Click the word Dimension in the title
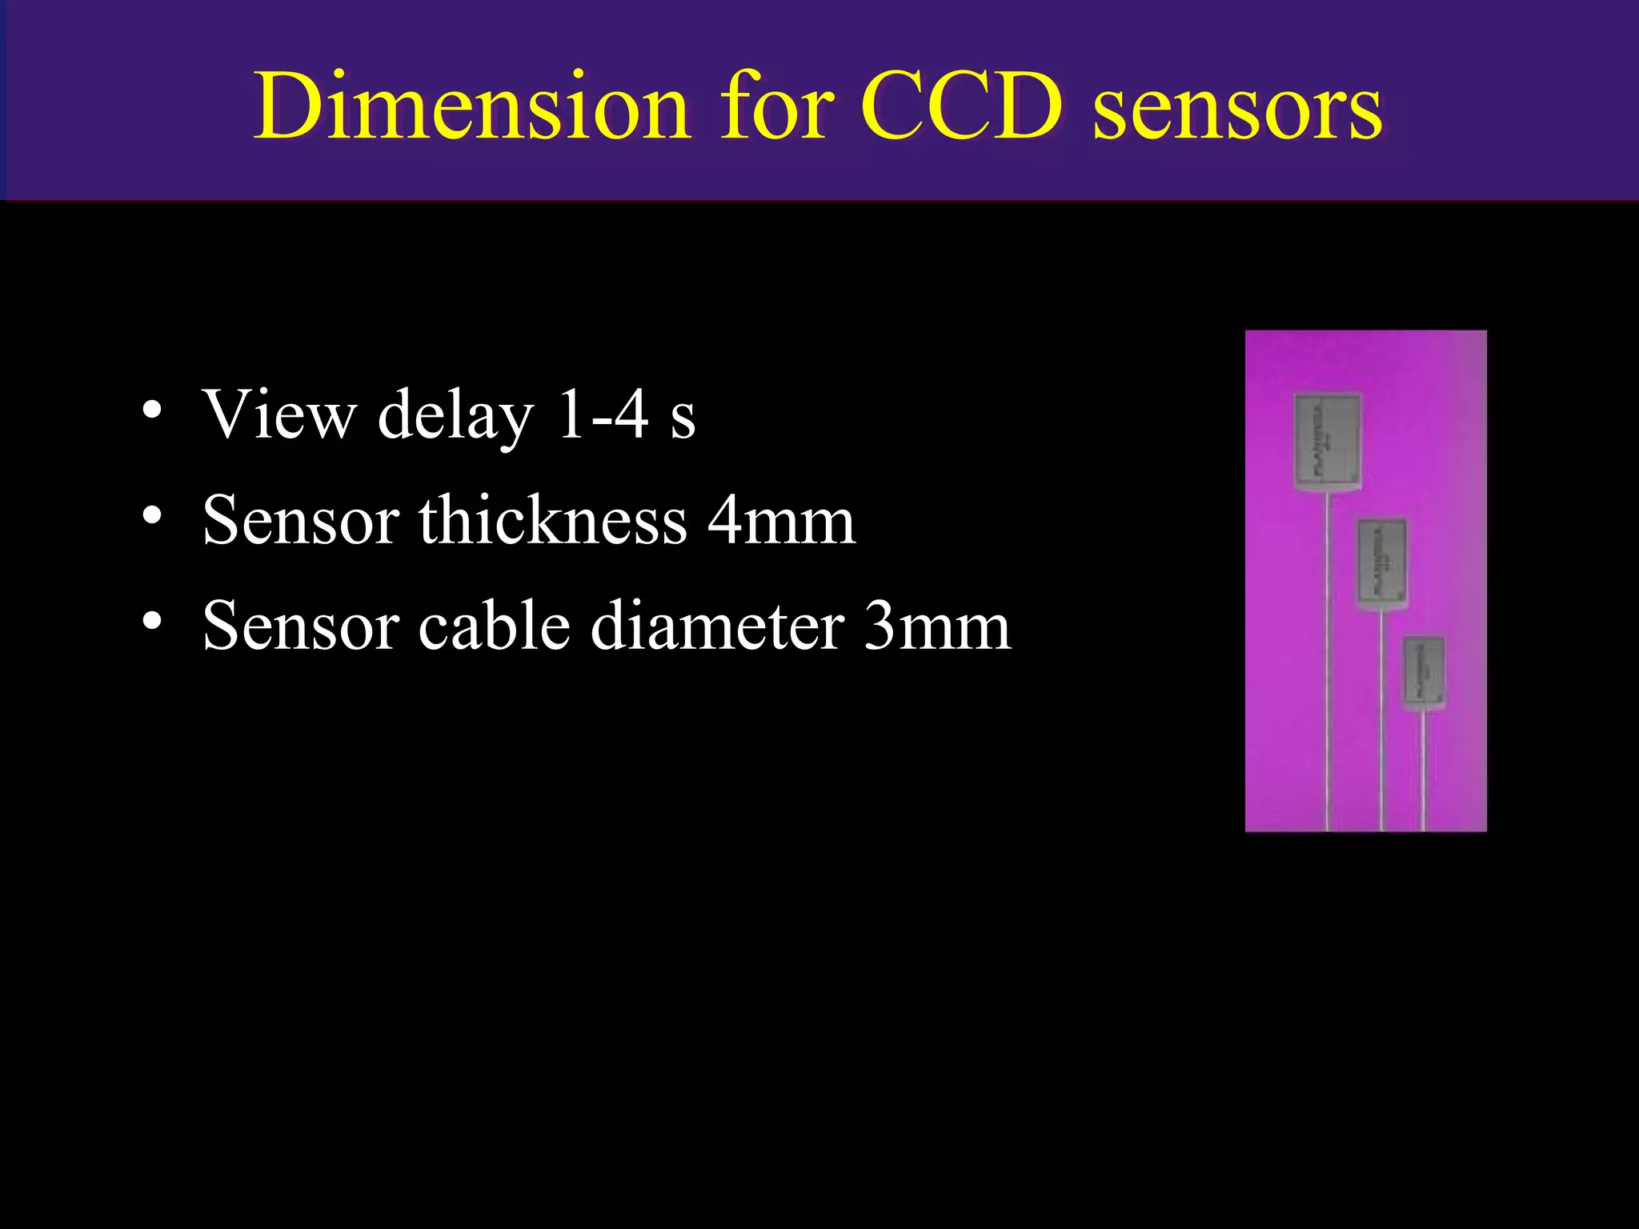click(x=472, y=106)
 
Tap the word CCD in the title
click(x=961, y=106)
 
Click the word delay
click(x=455, y=416)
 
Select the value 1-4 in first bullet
click(x=602, y=414)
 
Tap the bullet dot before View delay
click(x=152, y=410)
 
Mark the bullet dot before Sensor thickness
click(x=152, y=516)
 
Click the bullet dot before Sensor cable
click(x=152, y=622)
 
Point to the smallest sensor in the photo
click(x=1424, y=672)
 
